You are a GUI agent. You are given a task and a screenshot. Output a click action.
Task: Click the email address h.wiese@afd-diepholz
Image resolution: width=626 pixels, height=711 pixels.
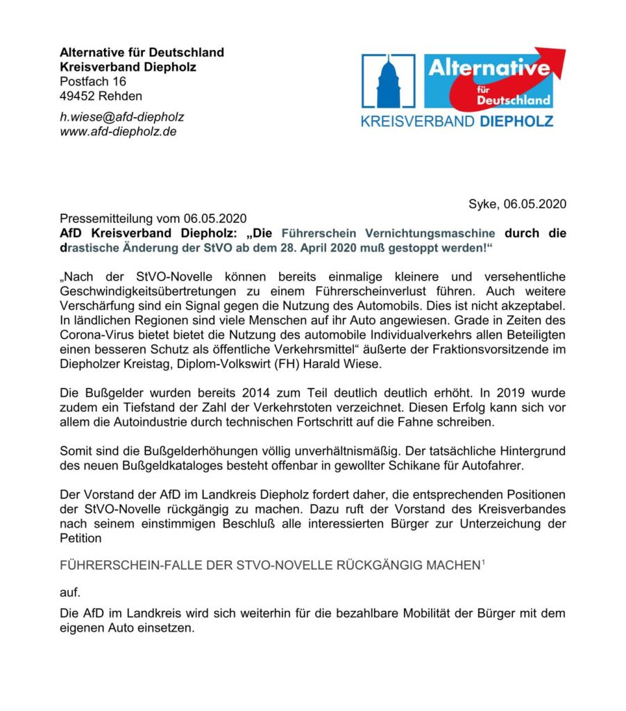122,117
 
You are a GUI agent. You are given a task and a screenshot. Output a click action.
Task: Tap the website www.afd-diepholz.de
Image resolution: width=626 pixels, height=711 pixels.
118,131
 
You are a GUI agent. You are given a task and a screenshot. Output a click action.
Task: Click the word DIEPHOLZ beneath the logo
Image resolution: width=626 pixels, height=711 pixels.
516,122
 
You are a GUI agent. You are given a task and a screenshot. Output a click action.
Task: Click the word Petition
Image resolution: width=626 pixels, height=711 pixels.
81,538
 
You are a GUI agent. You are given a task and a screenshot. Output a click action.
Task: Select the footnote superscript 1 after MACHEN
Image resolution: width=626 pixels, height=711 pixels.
483,562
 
